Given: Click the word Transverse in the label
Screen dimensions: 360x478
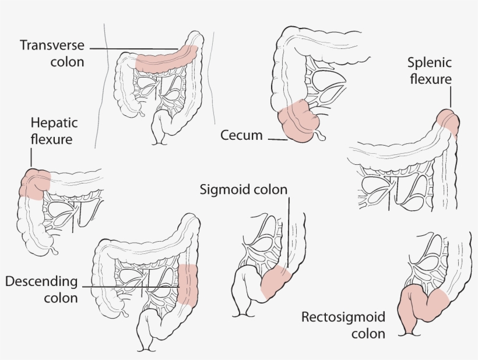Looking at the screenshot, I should click(52, 45).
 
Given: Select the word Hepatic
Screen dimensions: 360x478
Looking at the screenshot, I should click(53, 124).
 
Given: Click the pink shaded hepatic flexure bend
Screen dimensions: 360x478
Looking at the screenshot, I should click(34, 183).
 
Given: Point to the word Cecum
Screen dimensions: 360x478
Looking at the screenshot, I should click(241, 136).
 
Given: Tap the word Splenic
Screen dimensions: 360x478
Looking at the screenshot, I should click(430, 63).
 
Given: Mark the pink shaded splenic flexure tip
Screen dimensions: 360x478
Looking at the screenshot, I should click(448, 120).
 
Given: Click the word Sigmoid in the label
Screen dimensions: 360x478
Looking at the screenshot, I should click(223, 190).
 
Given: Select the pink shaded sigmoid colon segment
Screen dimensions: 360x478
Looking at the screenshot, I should click(276, 283).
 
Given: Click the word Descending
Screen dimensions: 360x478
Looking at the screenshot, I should click(41, 282).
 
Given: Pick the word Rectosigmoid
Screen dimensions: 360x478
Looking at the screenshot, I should click(343, 317).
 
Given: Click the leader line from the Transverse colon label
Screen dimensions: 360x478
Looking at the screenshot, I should click(134, 48).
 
